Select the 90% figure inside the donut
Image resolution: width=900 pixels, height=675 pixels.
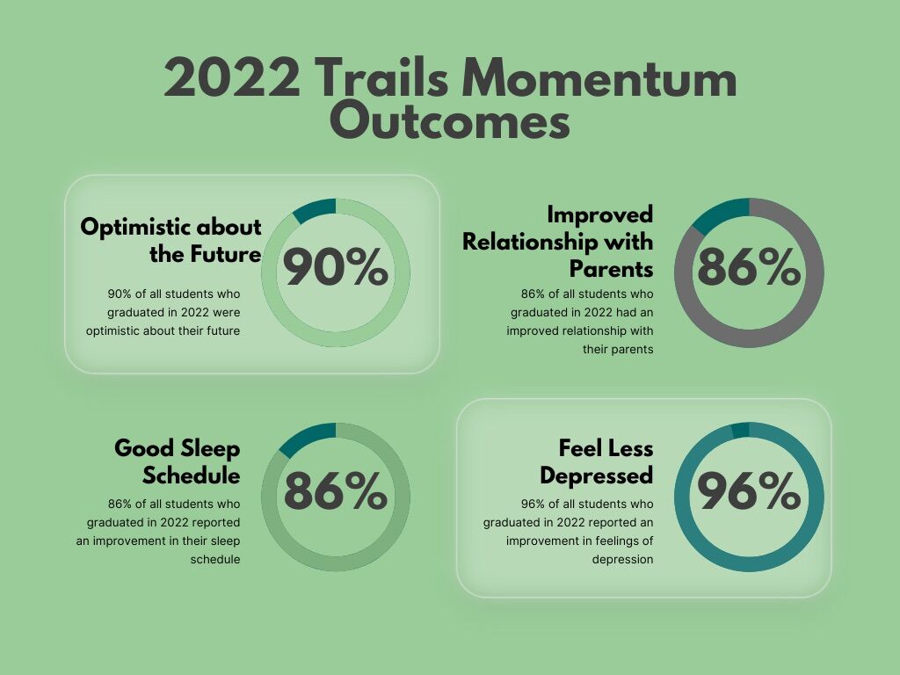point(335,268)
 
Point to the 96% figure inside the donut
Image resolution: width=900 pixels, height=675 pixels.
point(749,493)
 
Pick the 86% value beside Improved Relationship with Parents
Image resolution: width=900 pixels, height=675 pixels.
point(749,268)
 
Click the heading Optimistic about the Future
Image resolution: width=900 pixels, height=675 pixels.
point(171,240)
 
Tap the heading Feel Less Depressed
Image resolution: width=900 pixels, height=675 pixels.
point(597,461)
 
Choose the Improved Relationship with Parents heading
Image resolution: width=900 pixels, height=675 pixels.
point(558,240)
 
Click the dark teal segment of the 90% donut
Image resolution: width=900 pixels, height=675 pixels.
point(316,209)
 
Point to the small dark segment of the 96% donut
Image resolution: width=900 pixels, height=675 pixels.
point(740,430)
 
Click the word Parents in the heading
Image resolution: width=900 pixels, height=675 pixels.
point(611,266)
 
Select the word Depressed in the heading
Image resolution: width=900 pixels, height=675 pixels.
point(597,475)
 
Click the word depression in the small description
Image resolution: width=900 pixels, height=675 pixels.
point(622,559)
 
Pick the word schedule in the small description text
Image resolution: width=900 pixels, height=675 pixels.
point(215,559)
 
